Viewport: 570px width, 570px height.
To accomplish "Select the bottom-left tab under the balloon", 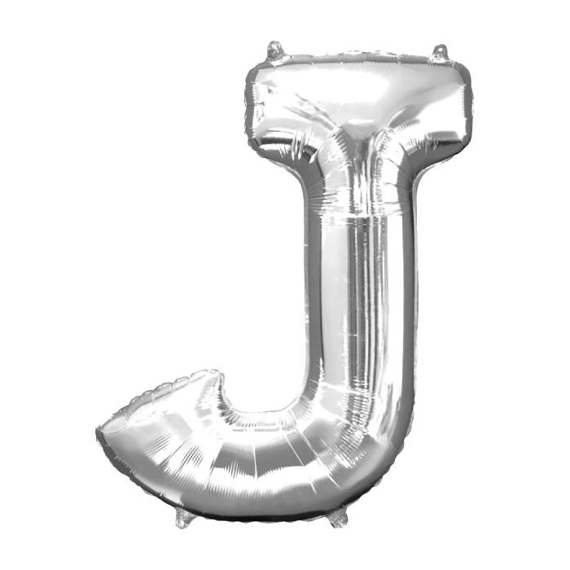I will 185,517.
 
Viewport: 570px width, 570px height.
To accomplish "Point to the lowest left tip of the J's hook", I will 100,432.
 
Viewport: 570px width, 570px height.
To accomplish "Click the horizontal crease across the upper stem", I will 358,218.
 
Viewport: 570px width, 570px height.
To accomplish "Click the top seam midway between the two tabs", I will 358,57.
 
